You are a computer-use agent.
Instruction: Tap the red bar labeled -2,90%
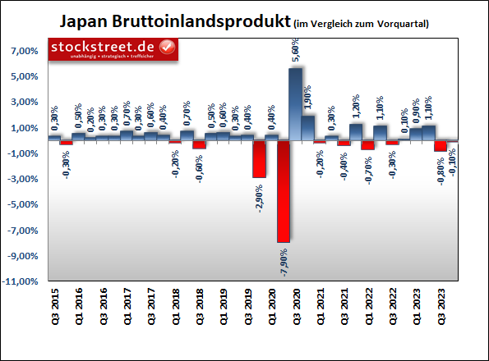coord(259,159)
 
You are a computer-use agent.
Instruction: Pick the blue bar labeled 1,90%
coord(308,127)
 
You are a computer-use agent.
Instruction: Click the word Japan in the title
coord(85,20)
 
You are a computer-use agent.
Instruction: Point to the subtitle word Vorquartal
coord(402,22)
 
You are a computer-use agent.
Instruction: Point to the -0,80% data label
coord(441,171)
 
